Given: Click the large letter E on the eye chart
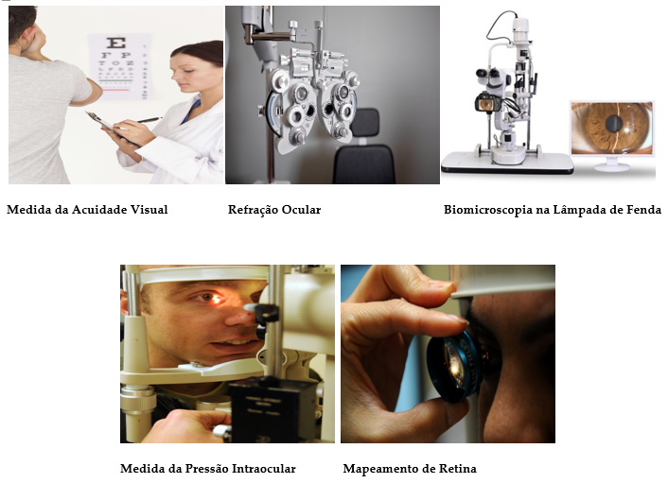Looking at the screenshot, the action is click(115, 43).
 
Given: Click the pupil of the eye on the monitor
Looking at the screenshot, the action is click(614, 124).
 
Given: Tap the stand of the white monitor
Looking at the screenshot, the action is click(612, 164).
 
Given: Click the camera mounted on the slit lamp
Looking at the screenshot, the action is click(484, 103).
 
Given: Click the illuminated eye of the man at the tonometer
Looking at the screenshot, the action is click(212, 298).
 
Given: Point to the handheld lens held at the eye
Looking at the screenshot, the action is click(456, 366).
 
